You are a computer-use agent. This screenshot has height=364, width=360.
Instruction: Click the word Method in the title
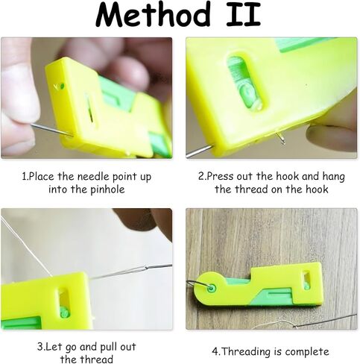pyautogui.click(x=153, y=16)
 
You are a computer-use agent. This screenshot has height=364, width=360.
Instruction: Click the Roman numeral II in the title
pyautogui.click(x=244, y=16)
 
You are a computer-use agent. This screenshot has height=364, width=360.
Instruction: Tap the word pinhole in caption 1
pyautogui.click(x=107, y=189)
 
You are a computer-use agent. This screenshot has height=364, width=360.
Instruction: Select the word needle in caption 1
pyautogui.click(x=93, y=177)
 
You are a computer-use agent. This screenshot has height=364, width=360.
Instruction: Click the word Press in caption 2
pyautogui.click(x=220, y=177)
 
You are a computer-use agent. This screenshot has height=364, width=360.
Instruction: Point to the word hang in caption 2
pyautogui.click(x=333, y=177)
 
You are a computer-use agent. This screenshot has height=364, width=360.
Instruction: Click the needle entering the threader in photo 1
pyautogui.click(x=51, y=130)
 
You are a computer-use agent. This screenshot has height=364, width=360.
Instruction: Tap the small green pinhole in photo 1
pyautogui.click(x=61, y=87)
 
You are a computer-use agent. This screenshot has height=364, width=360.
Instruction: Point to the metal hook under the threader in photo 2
pyautogui.click(x=280, y=138)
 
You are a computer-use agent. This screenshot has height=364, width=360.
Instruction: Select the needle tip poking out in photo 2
pyautogui.click(x=199, y=151)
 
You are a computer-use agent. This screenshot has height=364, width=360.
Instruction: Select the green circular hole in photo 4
pyautogui.click(x=212, y=289)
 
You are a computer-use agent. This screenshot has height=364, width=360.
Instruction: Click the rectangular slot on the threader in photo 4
pyautogui.click(x=306, y=281)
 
